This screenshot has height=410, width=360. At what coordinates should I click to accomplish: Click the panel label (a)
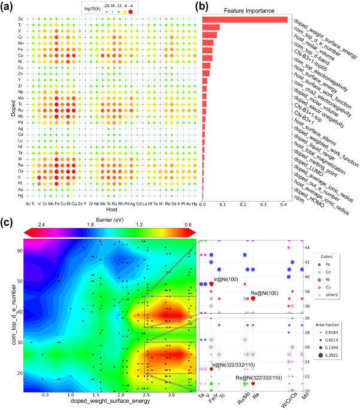click(x=8, y=7)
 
